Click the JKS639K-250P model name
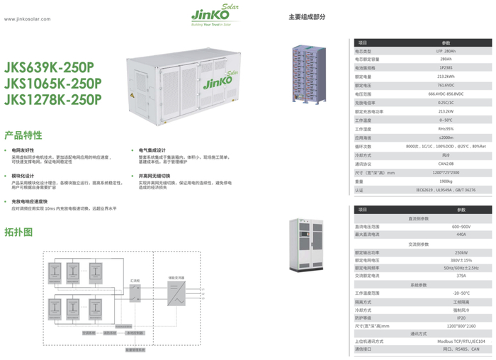49,67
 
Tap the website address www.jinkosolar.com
28,19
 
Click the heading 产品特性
23,134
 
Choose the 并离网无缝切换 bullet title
154,174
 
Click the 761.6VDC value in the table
446,85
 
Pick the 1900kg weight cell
446,181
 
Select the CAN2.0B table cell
446,164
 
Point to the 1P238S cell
446,68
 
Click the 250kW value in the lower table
461,252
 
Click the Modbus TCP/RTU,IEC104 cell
461,341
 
